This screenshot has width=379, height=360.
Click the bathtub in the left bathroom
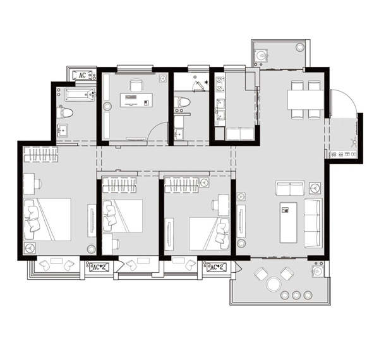pos(80,95)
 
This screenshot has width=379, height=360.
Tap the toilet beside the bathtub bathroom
pos(66,112)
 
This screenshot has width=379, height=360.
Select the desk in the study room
pos(136,100)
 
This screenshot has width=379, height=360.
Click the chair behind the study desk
pos(136,85)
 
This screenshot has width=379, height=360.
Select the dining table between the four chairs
pos(306,100)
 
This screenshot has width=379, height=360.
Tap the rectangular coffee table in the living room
pos(289,222)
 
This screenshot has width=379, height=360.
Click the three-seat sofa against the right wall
pos(313,223)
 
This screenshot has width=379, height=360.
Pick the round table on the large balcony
pos(274,284)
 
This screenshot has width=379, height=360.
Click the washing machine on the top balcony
pos(261,56)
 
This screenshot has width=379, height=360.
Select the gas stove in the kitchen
pos(220,84)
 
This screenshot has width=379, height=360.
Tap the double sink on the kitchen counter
pos(220,109)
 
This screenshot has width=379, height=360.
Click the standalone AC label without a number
pos(82,75)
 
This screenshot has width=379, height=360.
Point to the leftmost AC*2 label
pos(99,267)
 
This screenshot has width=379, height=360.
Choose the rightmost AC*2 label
pos(217,267)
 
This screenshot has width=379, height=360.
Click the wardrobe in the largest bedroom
pos(41,154)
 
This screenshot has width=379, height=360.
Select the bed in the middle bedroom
pos(123,216)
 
